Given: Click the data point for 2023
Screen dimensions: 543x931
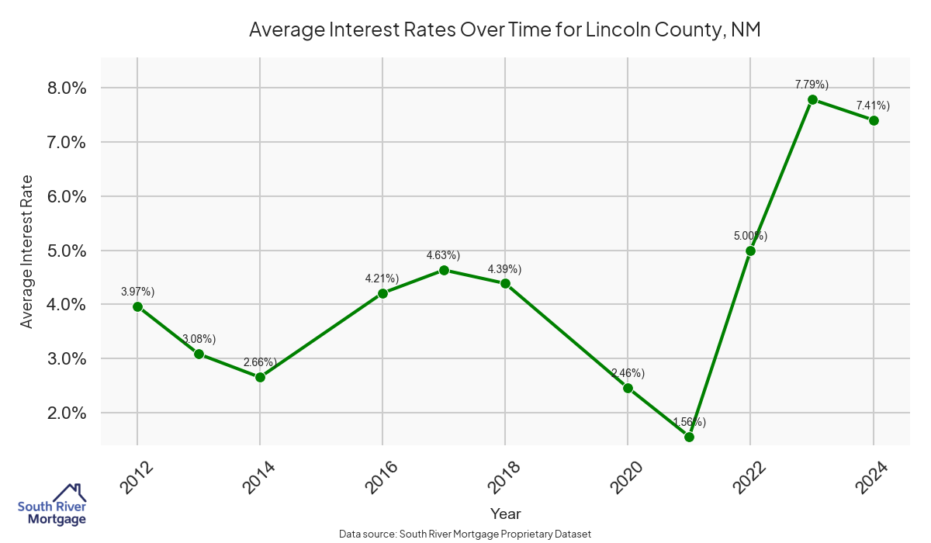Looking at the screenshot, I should pos(812,100).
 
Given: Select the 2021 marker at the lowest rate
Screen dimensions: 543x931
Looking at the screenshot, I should pos(689,438).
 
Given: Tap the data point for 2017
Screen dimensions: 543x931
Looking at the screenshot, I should pos(444,270).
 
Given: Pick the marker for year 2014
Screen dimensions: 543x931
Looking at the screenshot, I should pos(260,378).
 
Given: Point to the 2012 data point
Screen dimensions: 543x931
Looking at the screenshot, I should pos(137,306).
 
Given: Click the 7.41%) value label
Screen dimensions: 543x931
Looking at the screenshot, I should pos(873,105).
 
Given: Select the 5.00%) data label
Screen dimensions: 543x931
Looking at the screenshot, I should pos(750,236).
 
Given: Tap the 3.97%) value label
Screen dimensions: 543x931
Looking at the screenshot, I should pos(138,292).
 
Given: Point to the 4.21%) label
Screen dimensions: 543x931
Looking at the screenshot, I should pos(382,278).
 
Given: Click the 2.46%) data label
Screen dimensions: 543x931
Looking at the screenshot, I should pos(628,373).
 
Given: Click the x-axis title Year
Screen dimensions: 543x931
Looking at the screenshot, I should pos(505,514).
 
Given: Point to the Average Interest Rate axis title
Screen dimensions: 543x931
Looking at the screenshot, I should pos(27,251).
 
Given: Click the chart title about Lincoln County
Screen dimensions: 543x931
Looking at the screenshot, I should pos(504,30).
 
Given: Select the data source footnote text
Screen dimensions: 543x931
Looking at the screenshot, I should pos(465,534).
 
